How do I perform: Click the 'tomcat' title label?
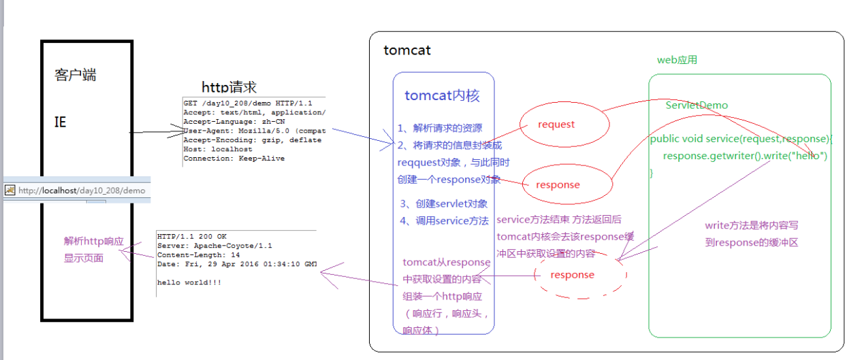(407, 50)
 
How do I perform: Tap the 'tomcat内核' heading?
(442, 95)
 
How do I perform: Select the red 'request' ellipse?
(556, 125)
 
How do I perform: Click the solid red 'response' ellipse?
(558, 184)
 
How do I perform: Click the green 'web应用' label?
(677, 60)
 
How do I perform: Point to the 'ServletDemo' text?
(697, 105)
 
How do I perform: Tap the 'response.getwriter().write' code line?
(745, 156)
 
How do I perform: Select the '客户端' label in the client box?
(75, 75)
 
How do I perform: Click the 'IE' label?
(61, 122)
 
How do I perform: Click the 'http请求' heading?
(229, 87)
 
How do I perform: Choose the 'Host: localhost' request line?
(218, 149)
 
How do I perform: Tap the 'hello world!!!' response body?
(189, 282)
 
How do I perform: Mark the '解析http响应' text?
(94, 242)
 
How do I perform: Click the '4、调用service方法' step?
(445, 220)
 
